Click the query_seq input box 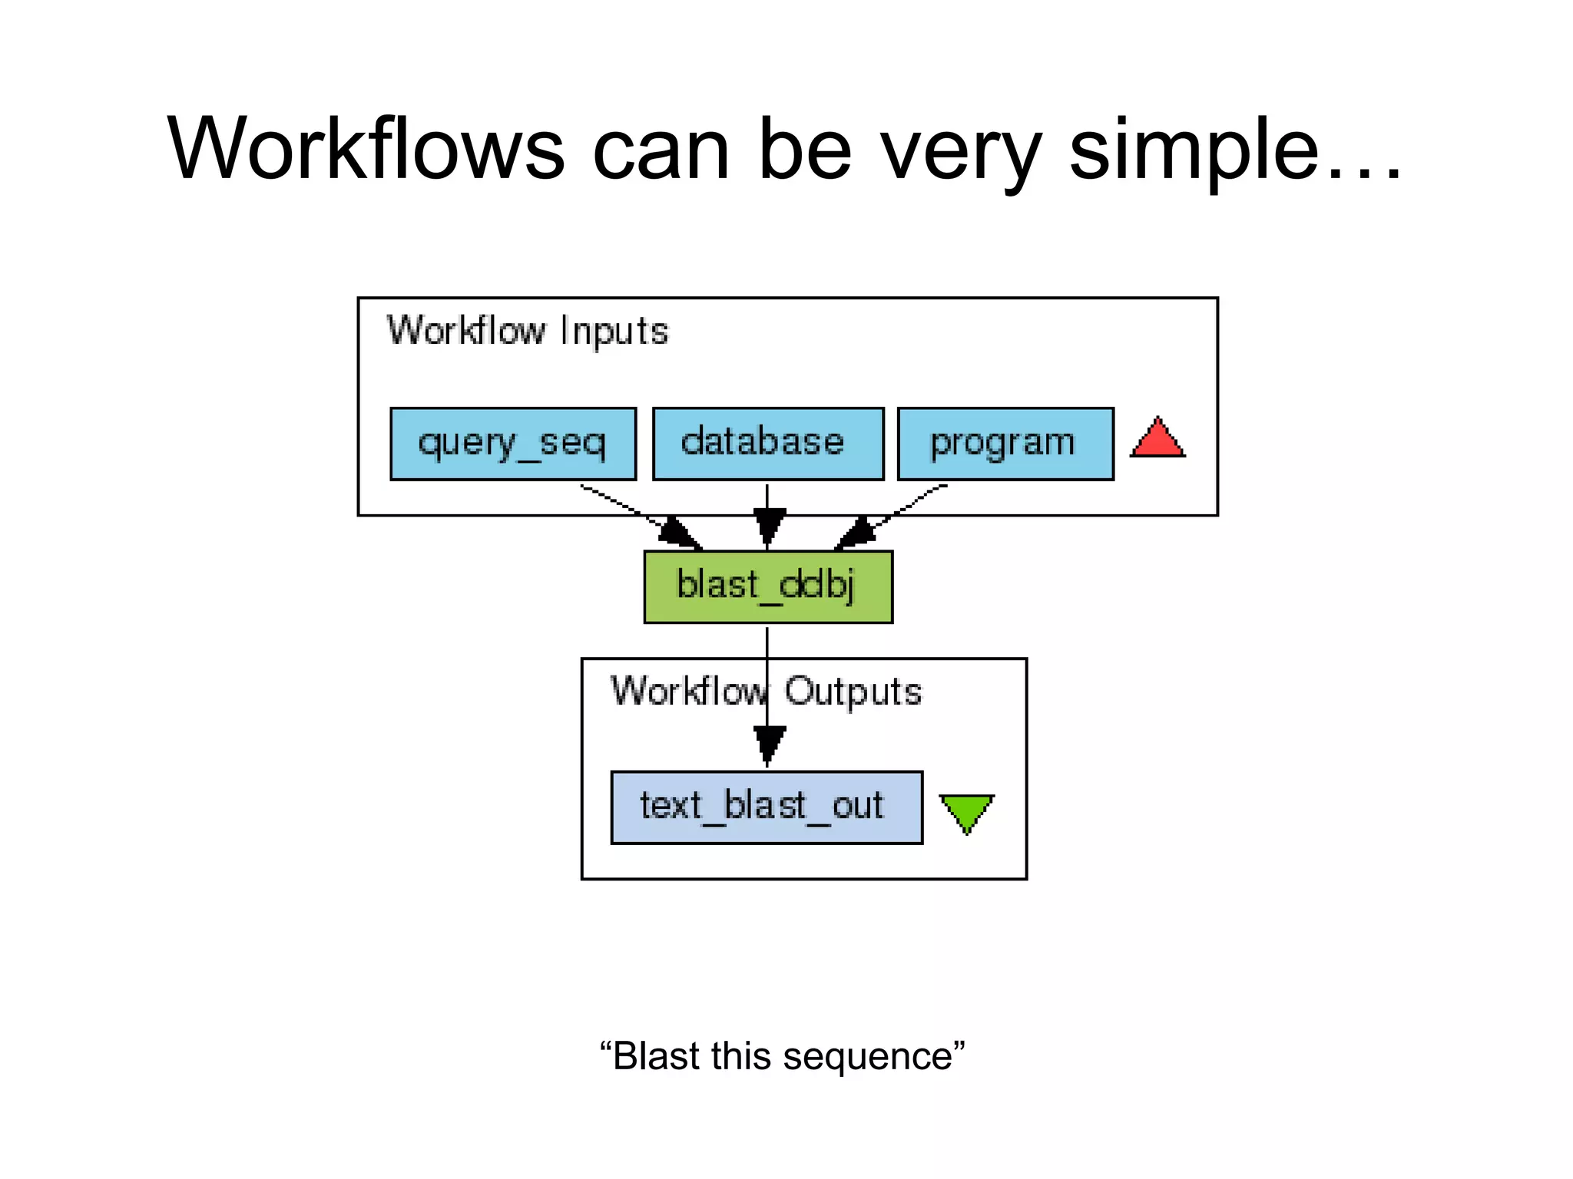[x=513, y=444]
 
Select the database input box [x=768, y=444]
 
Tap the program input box [x=1005, y=444]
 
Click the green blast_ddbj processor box [x=768, y=586]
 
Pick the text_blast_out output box [x=767, y=807]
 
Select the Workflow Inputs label [x=528, y=332]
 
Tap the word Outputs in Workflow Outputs [x=853, y=692]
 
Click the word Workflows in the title [x=366, y=150]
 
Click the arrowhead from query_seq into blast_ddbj [x=679, y=533]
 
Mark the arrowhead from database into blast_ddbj [x=768, y=526]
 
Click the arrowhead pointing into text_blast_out [x=768, y=743]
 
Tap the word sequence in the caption [x=868, y=1056]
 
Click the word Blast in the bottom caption [x=657, y=1056]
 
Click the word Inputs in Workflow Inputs [x=614, y=332]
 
